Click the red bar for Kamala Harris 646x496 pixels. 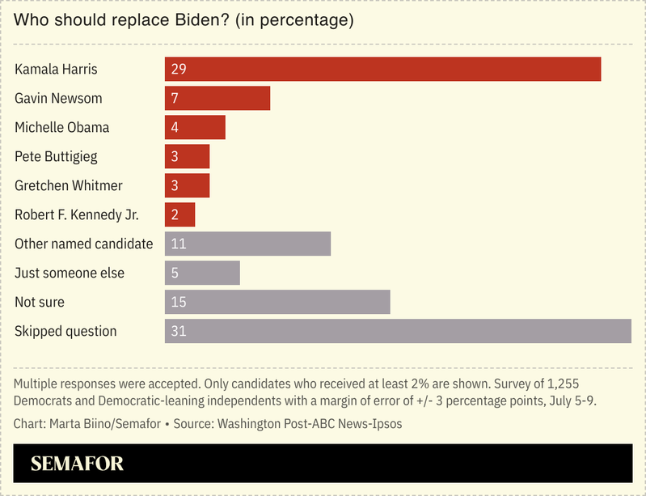click(382, 69)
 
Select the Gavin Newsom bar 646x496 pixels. click(217, 98)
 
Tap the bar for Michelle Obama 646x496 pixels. click(195, 127)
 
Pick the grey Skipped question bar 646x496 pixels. click(398, 331)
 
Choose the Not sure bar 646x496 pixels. click(277, 302)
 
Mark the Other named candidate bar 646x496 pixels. click(247, 244)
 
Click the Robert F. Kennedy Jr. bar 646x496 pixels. click(179, 214)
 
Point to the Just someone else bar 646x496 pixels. click(202, 273)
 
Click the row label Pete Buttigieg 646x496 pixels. click(56, 156)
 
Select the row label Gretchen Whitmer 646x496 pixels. click(69, 185)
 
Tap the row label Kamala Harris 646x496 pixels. click(56, 69)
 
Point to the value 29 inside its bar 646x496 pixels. click(179, 69)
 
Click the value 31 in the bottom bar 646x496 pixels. click(179, 331)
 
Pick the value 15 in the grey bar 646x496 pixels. click(179, 302)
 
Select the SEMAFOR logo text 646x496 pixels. click(77, 464)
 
